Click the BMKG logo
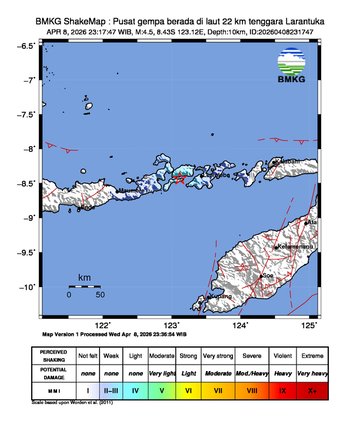[291, 69]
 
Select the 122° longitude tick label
[102, 325]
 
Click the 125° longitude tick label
[309, 325]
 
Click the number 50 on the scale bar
[100, 295]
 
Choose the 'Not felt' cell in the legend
[89, 355]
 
